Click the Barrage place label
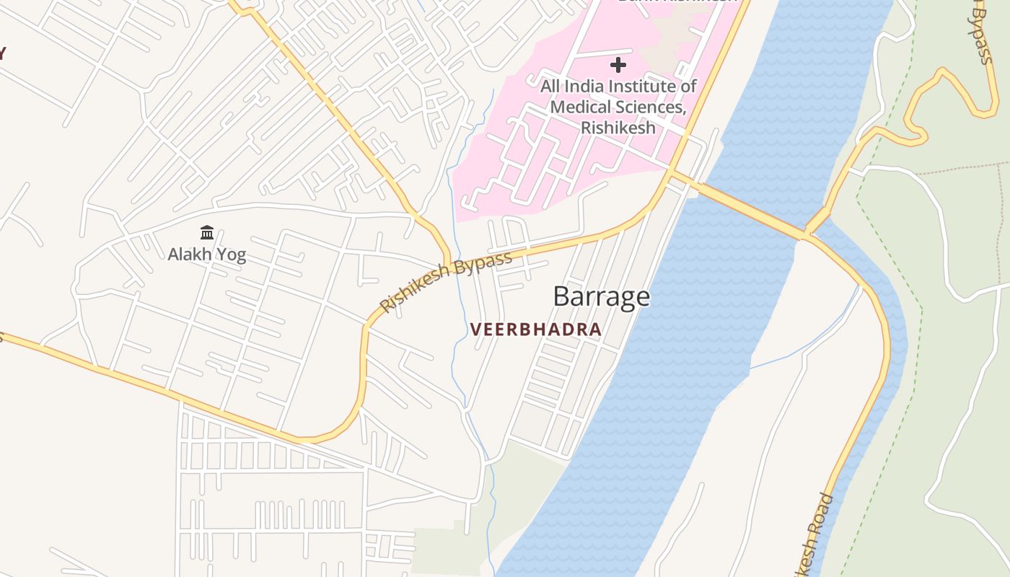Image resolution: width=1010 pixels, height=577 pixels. [x=601, y=296]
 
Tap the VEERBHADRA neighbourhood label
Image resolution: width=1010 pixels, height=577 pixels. [x=535, y=330]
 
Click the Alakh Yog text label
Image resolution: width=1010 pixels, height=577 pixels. [x=207, y=255]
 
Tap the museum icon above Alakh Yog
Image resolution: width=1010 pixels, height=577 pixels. [x=207, y=232]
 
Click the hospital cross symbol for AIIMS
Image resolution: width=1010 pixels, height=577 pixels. [x=618, y=65]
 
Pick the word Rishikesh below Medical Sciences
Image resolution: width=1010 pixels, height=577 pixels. [x=618, y=128]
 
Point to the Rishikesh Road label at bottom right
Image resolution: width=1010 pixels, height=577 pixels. [x=813, y=534]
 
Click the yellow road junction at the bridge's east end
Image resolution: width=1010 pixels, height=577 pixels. [x=807, y=234]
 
